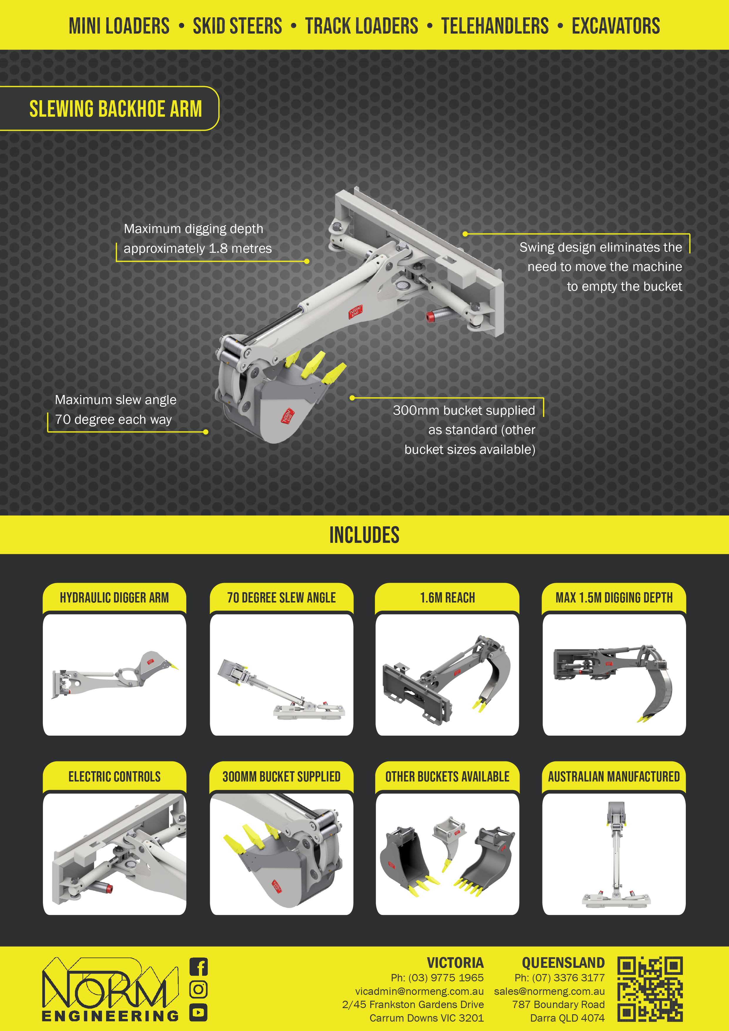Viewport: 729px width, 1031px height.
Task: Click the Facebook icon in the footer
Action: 198,967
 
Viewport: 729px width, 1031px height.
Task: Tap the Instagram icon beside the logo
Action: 198,989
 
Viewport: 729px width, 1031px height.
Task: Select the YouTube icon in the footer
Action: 198,1012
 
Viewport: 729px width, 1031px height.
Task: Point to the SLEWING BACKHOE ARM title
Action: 115,109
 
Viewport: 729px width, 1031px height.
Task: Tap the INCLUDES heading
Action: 364,535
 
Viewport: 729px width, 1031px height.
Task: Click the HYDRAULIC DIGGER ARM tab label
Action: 115,598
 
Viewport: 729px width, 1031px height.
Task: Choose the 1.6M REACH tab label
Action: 448,598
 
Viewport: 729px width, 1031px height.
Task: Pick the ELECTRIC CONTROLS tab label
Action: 115,776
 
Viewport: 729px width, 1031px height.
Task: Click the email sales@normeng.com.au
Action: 549,991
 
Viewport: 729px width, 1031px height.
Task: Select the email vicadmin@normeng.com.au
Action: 419,991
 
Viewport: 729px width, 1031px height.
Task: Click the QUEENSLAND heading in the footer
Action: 563,963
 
